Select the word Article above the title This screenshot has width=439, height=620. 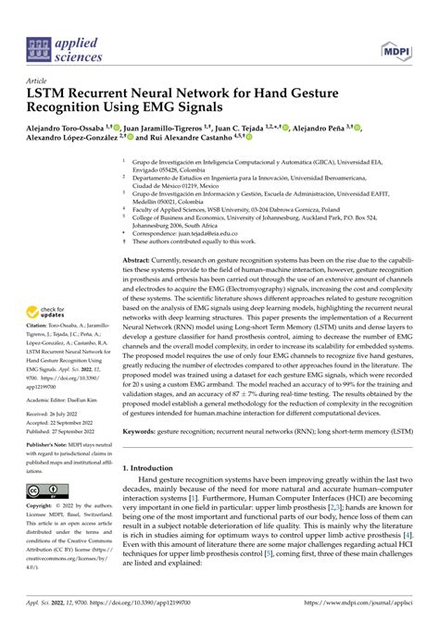pos(41,81)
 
